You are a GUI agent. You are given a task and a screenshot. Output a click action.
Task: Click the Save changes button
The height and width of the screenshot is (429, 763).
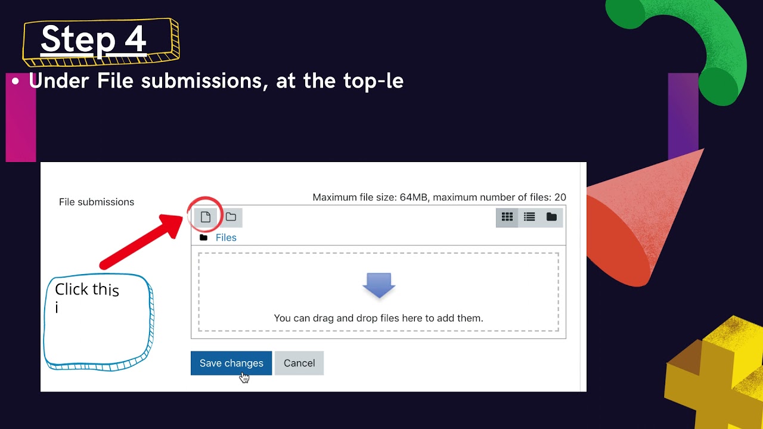231,363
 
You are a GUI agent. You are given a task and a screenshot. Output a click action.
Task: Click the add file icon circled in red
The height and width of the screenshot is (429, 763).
206,217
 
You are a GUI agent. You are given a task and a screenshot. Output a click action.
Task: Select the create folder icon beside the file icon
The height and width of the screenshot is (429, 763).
231,217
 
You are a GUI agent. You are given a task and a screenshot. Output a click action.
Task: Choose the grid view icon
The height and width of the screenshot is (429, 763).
507,217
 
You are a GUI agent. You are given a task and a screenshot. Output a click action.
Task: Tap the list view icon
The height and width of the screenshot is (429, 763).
529,217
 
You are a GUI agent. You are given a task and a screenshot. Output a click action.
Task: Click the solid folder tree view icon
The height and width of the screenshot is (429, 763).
551,217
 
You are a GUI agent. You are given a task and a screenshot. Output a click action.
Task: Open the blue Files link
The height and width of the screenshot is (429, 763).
226,238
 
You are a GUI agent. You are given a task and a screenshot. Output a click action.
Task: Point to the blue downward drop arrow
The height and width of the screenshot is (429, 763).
379,285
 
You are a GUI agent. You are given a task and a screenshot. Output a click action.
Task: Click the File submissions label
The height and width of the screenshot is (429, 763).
97,202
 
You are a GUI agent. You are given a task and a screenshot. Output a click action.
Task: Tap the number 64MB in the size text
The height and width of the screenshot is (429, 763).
414,197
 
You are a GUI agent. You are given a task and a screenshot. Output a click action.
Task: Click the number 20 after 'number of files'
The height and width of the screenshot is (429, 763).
560,197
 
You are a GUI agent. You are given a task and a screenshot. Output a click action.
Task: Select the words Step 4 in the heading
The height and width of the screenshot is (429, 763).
94,39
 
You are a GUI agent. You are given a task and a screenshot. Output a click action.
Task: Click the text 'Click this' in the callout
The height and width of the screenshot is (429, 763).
87,290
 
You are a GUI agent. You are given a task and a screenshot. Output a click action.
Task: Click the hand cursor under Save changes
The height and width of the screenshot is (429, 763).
244,377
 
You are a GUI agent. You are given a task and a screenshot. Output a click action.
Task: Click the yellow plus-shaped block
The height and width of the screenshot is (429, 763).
715,375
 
